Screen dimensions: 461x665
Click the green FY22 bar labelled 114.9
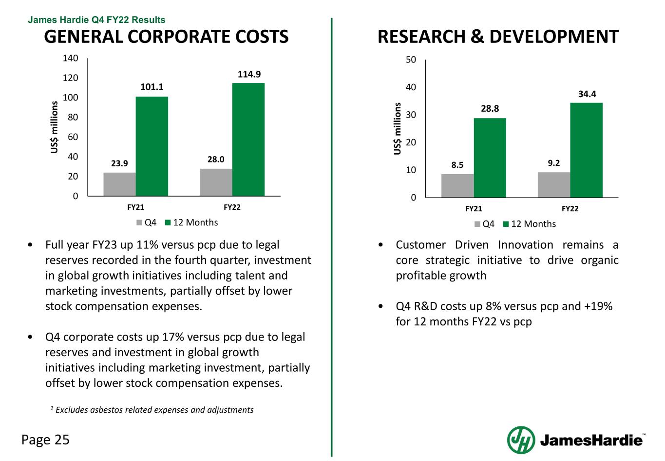coord(248,140)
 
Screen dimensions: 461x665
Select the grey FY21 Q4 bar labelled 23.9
coord(119,184)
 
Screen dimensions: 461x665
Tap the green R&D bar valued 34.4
coord(586,150)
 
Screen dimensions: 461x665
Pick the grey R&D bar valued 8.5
coord(457,186)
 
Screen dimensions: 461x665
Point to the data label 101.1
coord(152,87)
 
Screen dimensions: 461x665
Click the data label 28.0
coord(215,160)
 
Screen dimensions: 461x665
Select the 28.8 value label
coord(490,109)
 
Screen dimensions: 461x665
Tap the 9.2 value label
coord(553,163)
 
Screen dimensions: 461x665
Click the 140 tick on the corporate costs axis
coord(71,59)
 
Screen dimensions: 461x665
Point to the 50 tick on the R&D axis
coord(411,60)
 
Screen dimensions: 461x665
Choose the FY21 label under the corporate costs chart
coord(135,207)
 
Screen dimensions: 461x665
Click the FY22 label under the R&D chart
coord(570,209)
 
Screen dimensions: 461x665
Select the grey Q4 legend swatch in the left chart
coord(140,223)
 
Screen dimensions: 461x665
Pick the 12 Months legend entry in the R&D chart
coord(529,224)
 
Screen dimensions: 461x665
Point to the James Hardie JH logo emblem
coord(521,440)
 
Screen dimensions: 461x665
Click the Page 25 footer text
coord(45,440)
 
